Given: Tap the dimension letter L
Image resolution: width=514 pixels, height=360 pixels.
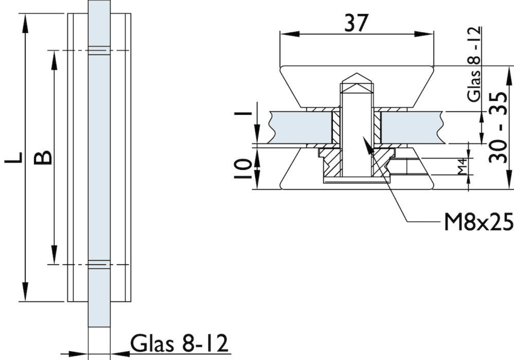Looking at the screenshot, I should pyautogui.click(x=14, y=157).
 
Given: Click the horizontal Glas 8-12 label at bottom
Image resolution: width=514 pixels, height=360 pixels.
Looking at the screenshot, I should pyautogui.click(x=179, y=344).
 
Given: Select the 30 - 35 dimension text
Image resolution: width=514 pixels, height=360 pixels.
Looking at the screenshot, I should pyautogui.click(x=500, y=128).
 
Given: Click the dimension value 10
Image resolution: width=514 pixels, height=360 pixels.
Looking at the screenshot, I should pyautogui.click(x=243, y=169).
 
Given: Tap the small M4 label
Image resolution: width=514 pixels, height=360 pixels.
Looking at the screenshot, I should pyautogui.click(x=461, y=170).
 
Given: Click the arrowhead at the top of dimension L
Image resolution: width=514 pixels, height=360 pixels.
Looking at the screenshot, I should pyautogui.click(x=25, y=20).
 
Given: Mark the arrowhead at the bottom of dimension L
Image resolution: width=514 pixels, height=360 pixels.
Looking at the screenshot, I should pyautogui.click(x=25, y=295).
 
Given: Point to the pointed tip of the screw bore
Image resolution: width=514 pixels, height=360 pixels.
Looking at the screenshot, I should pyautogui.click(x=357, y=74).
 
